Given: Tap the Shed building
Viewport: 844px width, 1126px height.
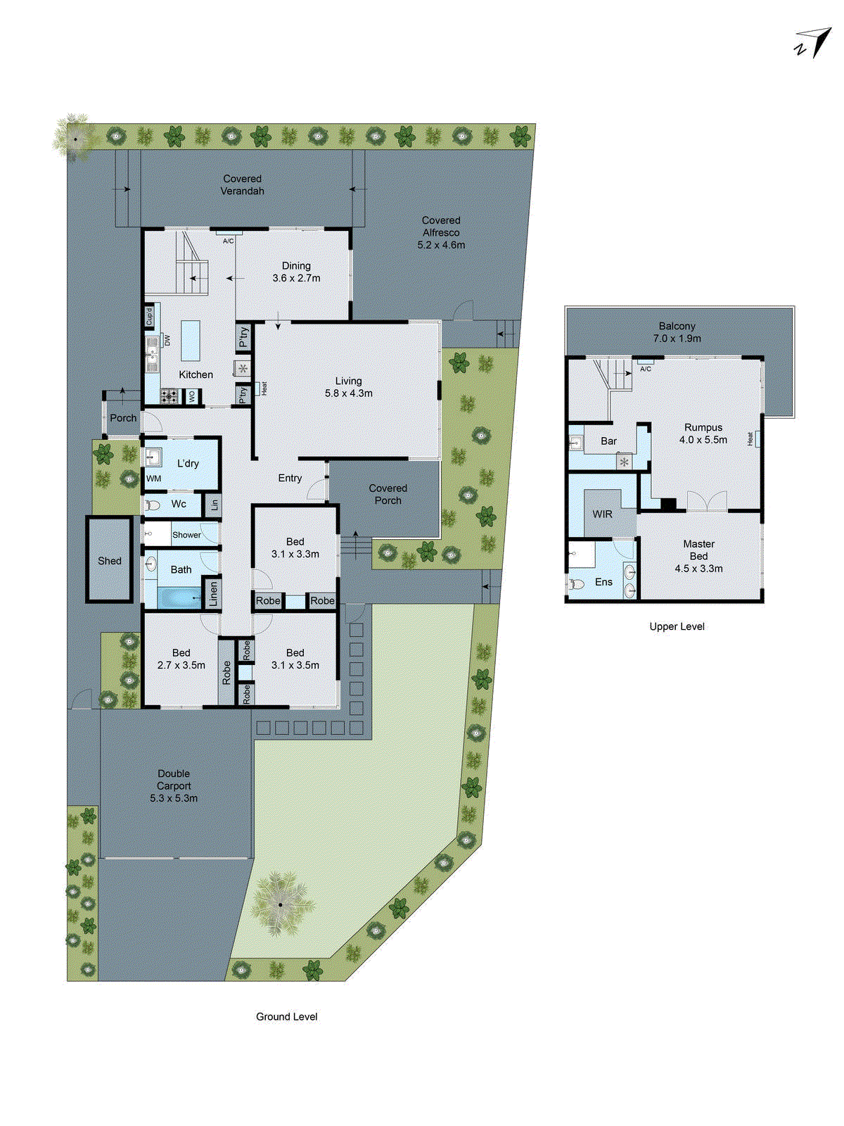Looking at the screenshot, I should click(x=110, y=560).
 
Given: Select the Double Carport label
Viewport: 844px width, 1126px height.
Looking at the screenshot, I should click(x=174, y=785).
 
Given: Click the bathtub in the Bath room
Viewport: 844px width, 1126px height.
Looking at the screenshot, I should click(x=179, y=598).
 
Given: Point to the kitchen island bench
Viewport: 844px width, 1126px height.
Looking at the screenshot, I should click(x=191, y=341).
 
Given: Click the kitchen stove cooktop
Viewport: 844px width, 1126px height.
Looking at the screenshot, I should click(x=170, y=396).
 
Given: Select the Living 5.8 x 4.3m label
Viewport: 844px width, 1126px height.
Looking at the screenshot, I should click(x=348, y=387).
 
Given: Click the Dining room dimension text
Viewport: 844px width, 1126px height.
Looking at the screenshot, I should click(x=296, y=278).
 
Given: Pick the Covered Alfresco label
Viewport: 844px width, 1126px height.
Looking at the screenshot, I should click(x=441, y=232).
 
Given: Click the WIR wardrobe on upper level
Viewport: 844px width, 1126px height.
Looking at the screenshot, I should click(x=603, y=514).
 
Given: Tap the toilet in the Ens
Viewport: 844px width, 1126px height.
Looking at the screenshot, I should click(x=577, y=583).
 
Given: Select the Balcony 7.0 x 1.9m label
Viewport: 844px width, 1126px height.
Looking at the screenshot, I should click(x=677, y=332).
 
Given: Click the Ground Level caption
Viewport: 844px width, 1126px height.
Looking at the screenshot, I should click(x=286, y=1016).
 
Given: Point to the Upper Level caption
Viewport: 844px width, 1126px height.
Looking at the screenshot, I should click(x=677, y=626).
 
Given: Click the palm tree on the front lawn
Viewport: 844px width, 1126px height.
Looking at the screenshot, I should click(x=280, y=904).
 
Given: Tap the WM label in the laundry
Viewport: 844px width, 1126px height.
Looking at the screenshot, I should click(x=153, y=479).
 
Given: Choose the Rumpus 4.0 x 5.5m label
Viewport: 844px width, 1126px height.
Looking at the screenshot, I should click(x=703, y=434).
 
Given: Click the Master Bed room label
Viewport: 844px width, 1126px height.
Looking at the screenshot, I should click(x=698, y=556).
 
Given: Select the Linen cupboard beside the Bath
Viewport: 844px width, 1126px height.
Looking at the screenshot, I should click(x=213, y=594).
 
